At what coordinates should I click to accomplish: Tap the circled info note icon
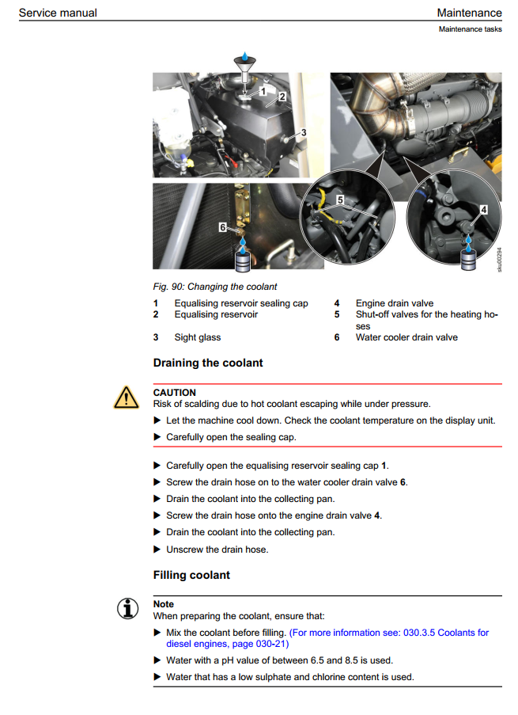pos(124,609)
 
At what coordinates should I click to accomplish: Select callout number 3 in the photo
pos(304,132)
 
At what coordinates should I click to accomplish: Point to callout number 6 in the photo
pos(224,226)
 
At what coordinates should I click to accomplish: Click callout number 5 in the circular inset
pos(340,200)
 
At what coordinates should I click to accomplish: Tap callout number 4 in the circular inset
pos(484,210)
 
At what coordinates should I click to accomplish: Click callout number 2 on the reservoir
pos(281,98)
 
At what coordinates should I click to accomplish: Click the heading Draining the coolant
pos(207,363)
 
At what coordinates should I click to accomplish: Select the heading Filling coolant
pos(191,575)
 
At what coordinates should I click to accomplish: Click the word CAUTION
pos(174,392)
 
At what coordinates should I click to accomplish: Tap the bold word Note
pos(164,604)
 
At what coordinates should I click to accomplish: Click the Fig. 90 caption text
pos(215,287)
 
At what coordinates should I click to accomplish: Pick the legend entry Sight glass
pos(198,337)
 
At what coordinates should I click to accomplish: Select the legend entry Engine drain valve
pos(394,303)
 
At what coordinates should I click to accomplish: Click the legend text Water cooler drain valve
pos(406,337)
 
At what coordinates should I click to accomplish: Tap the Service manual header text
pos(58,13)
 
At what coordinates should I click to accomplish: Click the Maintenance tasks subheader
pos(470,29)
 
